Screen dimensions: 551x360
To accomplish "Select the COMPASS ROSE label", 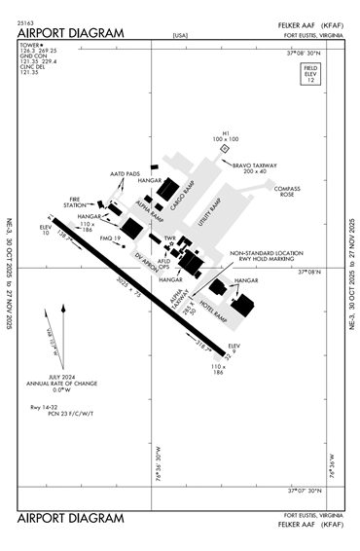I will (x=286, y=191).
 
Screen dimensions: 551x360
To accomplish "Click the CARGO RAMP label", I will (x=184, y=195).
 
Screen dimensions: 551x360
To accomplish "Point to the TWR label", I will (x=169, y=237).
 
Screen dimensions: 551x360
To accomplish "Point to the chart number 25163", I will (x=26, y=19).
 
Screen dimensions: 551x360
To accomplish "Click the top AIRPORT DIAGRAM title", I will (x=71, y=32).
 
